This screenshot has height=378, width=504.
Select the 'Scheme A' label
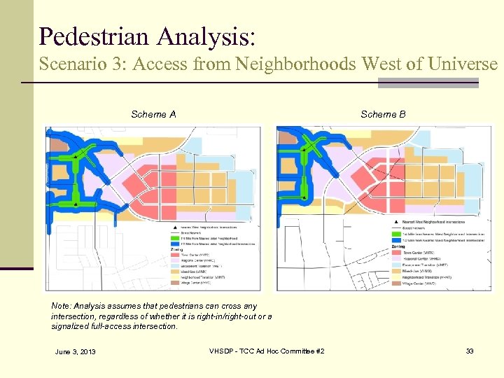click(153, 114)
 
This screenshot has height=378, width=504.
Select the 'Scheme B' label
click(383, 114)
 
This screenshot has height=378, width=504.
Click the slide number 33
click(470, 351)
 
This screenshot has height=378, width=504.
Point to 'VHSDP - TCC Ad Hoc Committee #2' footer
click(267, 351)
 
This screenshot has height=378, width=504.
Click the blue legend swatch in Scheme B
click(395, 240)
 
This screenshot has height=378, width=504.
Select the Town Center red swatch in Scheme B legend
click(395, 253)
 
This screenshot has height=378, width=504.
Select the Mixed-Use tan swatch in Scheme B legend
click(395, 272)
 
